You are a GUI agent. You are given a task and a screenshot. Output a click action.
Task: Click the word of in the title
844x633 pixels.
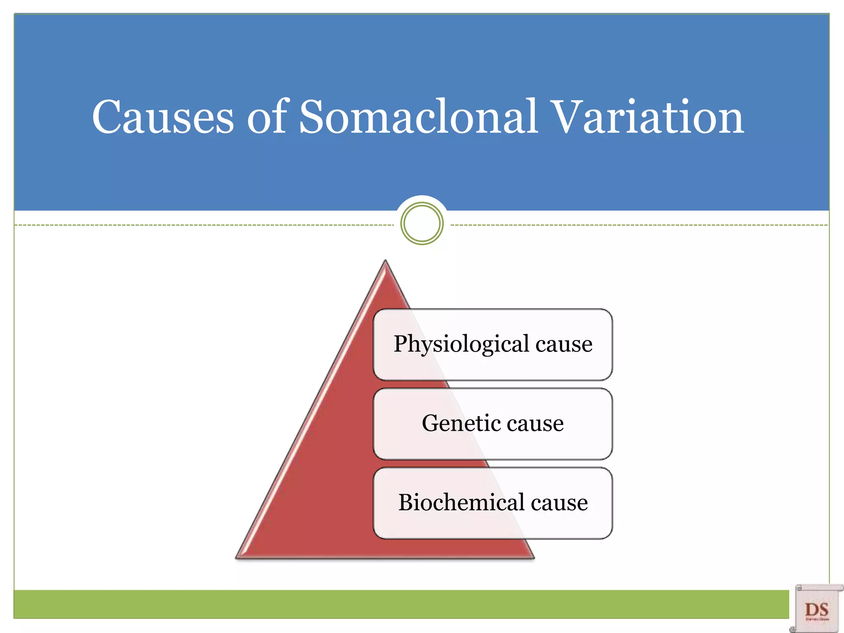tap(267, 117)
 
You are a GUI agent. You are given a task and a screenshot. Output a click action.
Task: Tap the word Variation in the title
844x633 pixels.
tap(647, 117)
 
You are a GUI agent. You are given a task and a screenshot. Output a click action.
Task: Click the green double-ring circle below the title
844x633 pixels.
tap(422, 223)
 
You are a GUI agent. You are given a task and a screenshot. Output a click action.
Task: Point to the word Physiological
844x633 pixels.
tap(461, 344)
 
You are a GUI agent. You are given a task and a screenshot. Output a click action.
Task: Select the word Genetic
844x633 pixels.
tap(458, 423)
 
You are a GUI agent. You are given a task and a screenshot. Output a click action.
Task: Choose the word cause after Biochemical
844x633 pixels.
tap(559, 502)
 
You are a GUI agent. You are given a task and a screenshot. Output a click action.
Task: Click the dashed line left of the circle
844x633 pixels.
tap(206, 225)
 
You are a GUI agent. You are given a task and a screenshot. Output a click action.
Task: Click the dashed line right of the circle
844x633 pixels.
tap(639, 225)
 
